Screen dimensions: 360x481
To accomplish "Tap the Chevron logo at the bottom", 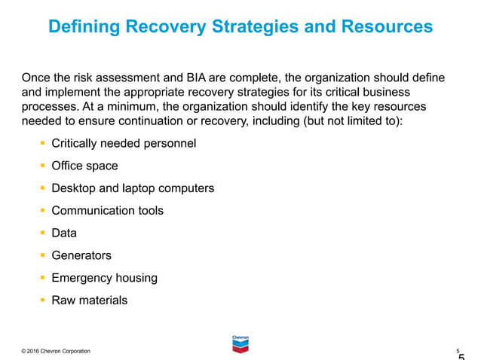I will click(240, 343).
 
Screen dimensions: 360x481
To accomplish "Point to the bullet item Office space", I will click(84, 166).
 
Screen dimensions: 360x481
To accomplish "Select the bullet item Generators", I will click(81, 255).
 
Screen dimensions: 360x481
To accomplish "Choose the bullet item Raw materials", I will click(89, 301).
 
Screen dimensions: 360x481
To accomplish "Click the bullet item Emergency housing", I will click(104, 278).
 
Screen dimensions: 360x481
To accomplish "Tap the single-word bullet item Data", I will click(64, 233).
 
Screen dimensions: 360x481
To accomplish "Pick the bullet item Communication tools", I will click(107, 211).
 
